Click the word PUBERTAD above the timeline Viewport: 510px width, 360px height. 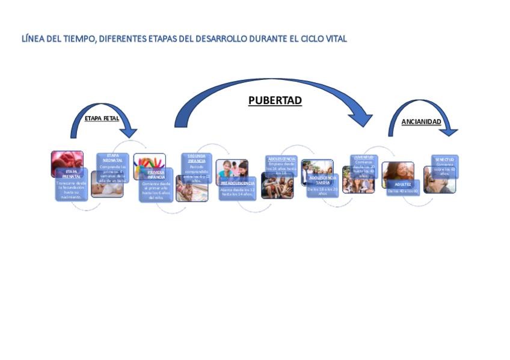pos(275,101)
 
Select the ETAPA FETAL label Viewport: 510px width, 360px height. pos(101,118)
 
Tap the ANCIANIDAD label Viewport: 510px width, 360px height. pos(421,122)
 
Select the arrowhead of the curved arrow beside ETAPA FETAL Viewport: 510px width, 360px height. pos(129,132)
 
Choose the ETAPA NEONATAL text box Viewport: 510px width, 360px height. pos(112,168)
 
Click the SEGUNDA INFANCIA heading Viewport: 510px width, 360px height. pos(197,159)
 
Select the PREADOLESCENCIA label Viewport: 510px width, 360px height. pos(238,183)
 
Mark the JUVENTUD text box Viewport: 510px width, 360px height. pos(364,165)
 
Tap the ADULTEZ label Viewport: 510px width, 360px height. pos(403,184)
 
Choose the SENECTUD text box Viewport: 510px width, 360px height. pos(444,166)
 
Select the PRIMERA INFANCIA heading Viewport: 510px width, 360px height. pos(156,175)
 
